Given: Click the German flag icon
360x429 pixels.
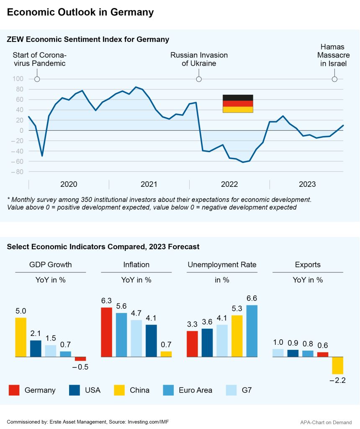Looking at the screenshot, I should click(237, 103).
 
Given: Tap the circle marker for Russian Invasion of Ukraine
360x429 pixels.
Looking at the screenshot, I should click(199, 79).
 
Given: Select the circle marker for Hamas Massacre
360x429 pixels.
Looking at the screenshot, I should click(334, 79).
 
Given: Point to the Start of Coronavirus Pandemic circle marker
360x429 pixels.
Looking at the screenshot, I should click(37, 79).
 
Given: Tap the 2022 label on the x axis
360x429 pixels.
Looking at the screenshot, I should click(229, 184).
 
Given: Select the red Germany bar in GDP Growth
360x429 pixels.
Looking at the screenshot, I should click(80, 359).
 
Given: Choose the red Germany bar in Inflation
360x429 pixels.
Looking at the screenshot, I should click(106, 332).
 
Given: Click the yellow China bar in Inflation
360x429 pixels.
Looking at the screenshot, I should click(166, 354).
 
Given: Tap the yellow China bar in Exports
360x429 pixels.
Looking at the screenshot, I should click(337, 365).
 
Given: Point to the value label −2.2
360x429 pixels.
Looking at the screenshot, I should click(338, 380).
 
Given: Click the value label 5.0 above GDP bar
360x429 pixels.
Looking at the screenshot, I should click(21, 311).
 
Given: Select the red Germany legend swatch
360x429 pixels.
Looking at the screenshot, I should click(14, 390).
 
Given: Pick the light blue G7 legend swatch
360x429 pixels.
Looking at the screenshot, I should click(231, 390).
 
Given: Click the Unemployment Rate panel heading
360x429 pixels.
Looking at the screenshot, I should click(222, 265).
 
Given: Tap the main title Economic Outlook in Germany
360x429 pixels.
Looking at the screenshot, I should click(80, 13).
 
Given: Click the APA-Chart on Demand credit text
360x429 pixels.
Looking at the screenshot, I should click(326, 422).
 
